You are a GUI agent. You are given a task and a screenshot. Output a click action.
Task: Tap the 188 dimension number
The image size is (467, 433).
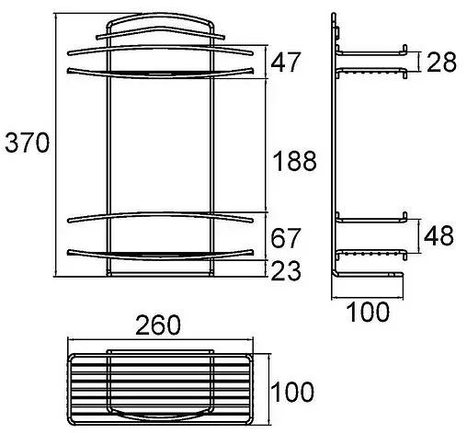pos(295,162)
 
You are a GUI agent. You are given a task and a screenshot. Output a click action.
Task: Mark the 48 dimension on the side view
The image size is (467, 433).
pos(440,236)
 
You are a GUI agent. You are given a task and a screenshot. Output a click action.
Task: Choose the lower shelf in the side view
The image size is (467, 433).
pos(372,236)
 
